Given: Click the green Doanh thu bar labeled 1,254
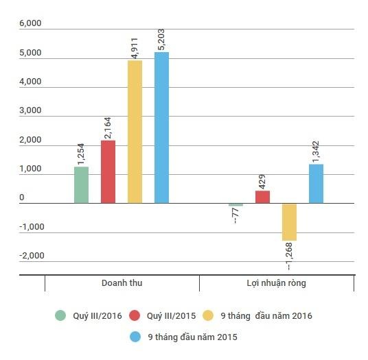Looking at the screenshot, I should coord(81,185).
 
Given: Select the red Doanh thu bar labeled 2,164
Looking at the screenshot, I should coord(108,172).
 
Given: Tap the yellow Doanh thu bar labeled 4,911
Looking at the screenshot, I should coord(135,132).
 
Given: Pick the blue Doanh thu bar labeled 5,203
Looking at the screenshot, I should coord(161,128).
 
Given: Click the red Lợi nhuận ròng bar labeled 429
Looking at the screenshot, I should coord(262,197).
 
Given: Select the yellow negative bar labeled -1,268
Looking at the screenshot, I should coord(289,221).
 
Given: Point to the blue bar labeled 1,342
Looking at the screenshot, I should coord(316,184).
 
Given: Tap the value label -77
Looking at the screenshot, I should coord(236,218).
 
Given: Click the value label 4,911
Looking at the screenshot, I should coord(135,47).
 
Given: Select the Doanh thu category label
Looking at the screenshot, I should coord(122,283).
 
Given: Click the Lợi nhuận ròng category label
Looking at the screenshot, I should coord(276,283).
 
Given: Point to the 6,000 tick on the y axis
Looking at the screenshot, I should coord(31,23).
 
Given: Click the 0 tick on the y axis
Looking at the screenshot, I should coord(22,198).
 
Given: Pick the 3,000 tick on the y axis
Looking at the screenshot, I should coord(31,110).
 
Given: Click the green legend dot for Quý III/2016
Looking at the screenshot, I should coord(60,315).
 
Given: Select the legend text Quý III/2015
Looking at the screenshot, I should coord(172,315).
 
